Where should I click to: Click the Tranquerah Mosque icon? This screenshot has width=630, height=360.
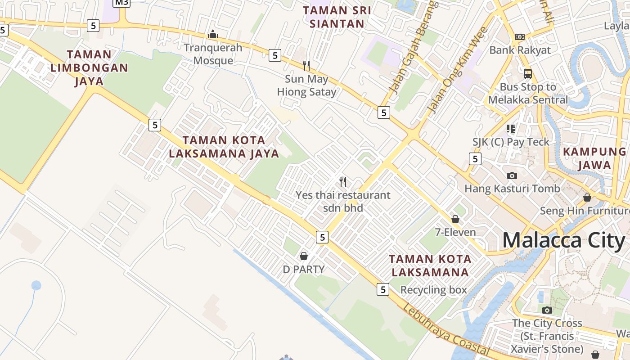(213, 34)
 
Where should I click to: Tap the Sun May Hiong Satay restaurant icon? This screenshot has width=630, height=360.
(306, 66)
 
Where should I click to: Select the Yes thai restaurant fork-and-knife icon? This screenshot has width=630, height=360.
(343, 182)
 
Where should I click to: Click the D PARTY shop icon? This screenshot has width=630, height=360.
(304, 256)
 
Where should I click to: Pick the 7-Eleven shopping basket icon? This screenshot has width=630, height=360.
(455, 219)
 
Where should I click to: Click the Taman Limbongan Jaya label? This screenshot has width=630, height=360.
(89, 67)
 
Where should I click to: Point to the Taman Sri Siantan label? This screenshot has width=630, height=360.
(337, 17)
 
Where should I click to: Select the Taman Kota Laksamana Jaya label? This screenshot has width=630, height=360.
(224, 147)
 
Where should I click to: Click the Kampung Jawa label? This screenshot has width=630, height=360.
(594, 158)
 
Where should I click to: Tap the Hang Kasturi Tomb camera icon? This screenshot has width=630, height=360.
(512, 175)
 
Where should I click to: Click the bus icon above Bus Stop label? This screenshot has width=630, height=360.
(528, 73)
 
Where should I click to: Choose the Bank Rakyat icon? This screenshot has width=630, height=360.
(520, 36)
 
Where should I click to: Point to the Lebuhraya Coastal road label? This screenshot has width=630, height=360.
(445, 330)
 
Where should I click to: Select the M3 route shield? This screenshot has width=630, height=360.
(121, 2)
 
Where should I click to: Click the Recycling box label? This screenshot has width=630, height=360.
(434, 290)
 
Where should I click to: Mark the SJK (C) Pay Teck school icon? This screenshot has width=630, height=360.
(510, 129)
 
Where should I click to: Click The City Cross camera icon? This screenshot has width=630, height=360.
(547, 310)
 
